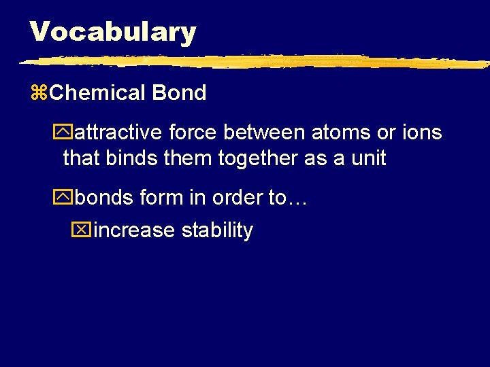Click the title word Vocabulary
coord(113,32)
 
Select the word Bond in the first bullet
coord(179,93)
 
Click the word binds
coord(131,159)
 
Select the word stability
coord(217,230)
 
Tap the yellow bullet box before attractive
coord(66,133)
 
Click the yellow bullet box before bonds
coord(66,198)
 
